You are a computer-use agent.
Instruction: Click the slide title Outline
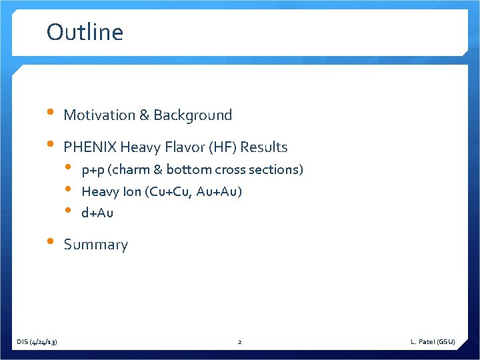tap(85, 32)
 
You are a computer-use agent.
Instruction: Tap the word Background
tap(193, 115)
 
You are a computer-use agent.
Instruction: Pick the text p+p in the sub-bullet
tap(92, 170)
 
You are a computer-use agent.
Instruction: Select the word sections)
tap(279, 170)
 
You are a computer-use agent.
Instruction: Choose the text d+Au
tap(97, 213)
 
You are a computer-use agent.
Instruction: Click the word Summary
tap(95, 245)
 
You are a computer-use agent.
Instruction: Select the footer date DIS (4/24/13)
tap(37, 342)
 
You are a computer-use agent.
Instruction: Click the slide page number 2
tap(239, 342)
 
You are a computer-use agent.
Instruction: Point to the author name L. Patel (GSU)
tap(433, 342)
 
